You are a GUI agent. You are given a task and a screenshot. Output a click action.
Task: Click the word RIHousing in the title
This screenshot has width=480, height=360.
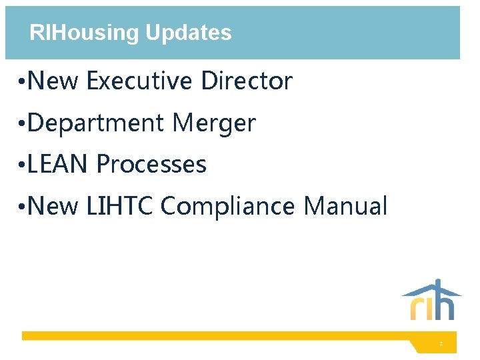(x=85, y=33)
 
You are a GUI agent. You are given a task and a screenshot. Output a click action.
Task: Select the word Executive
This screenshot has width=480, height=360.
(x=140, y=81)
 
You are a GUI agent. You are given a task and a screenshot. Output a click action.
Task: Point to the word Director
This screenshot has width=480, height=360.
(x=247, y=81)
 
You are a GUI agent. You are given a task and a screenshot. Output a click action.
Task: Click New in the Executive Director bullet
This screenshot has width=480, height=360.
(x=54, y=81)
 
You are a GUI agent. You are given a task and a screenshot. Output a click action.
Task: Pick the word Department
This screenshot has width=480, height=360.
(x=97, y=123)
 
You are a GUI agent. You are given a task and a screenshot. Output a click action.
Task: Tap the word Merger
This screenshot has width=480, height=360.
(x=213, y=123)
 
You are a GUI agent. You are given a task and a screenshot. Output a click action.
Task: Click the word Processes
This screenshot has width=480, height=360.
(x=151, y=164)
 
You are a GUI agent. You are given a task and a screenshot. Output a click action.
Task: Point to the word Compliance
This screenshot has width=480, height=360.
(x=227, y=206)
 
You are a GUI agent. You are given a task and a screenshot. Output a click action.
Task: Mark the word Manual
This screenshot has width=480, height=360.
(x=345, y=206)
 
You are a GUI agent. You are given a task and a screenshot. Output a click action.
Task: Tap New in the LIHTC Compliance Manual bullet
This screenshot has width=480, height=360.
(x=54, y=206)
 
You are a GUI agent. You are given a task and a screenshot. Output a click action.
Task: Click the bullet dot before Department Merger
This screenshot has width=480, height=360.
(x=23, y=124)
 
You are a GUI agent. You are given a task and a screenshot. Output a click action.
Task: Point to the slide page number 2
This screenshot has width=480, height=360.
(x=441, y=344)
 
